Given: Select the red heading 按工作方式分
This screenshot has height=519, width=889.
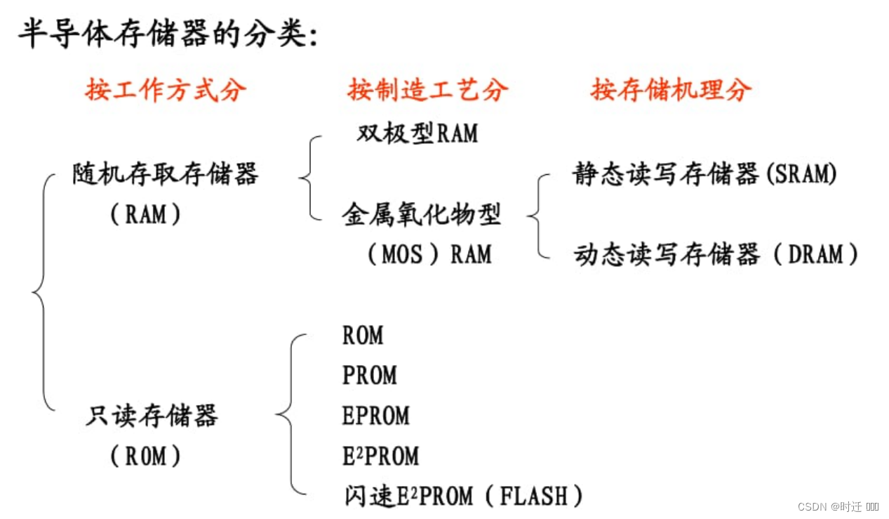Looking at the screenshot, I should click(x=166, y=90).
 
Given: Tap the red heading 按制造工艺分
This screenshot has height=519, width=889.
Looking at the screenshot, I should click(x=427, y=90).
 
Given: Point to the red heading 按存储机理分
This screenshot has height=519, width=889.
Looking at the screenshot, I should click(x=671, y=90).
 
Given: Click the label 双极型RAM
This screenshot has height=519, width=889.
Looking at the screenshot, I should click(x=417, y=133).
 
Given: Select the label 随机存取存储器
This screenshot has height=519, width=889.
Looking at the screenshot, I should click(x=166, y=173).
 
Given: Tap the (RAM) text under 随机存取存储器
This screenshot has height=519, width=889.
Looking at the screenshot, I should click(x=146, y=214).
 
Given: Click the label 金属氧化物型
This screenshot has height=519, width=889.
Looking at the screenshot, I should click(x=422, y=213).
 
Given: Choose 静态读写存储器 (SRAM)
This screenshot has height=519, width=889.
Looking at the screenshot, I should click(x=704, y=173).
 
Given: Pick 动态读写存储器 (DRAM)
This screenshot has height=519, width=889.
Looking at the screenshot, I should click(x=716, y=254).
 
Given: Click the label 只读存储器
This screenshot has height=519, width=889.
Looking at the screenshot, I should click(x=152, y=416).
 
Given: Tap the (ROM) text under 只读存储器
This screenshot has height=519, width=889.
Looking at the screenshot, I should click(x=146, y=456).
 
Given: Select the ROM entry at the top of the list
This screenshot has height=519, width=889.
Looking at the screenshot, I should click(x=363, y=336).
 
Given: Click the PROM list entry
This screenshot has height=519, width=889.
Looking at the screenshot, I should click(x=370, y=376).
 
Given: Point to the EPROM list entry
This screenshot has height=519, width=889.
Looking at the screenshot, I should click(x=376, y=416).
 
